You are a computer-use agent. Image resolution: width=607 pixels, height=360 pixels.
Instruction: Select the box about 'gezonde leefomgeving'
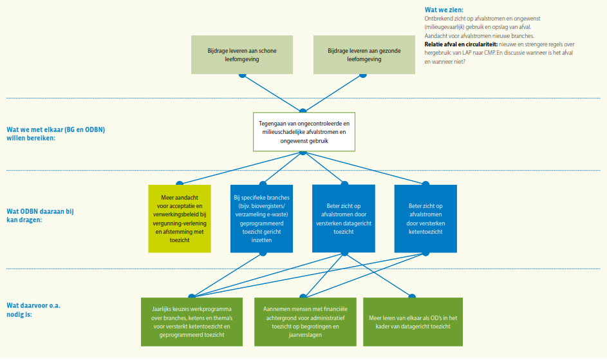(x=364, y=54)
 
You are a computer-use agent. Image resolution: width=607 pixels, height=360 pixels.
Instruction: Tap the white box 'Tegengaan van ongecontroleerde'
(x=304, y=131)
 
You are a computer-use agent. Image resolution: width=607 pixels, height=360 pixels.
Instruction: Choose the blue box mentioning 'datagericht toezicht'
(x=344, y=218)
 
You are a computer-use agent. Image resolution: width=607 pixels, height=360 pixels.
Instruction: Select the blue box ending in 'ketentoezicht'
(x=425, y=218)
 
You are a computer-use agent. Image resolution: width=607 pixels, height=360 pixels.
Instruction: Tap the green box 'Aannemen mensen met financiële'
(x=304, y=322)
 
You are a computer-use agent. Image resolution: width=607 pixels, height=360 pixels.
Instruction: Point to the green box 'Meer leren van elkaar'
(x=413, y=322)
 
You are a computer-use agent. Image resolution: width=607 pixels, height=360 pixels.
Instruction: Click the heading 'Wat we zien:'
(x=442, y=10)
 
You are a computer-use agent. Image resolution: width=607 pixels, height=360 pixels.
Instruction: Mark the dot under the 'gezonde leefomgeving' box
(x=363, y=75)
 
